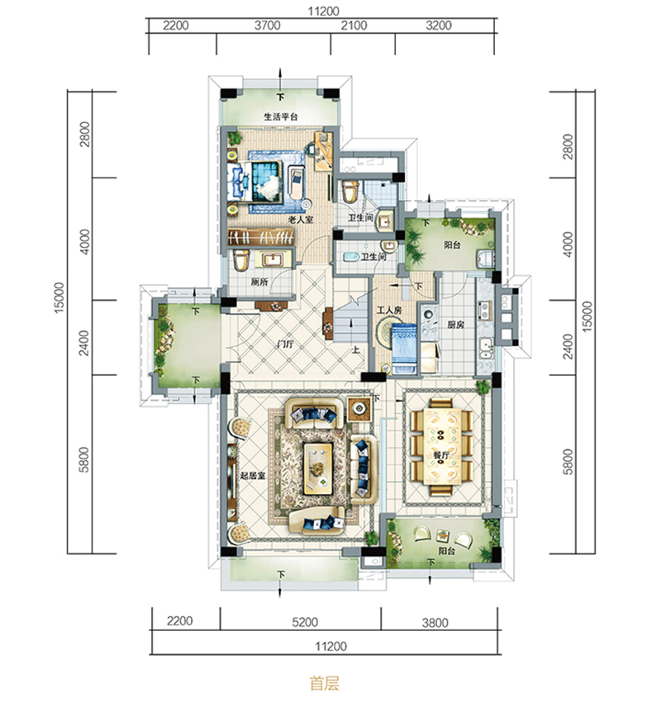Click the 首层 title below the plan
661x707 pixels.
(x=325, y=684)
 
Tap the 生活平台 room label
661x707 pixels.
(x=281, y=116)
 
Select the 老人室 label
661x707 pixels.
(x=301, y=220)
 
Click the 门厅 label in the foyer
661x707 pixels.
(x=285, y=344)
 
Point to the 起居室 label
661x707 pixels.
(x=253, y=475)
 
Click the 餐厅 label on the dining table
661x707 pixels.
(x=441, y=455)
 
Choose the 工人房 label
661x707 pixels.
(x=389, y=311)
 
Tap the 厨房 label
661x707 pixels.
(x=456, y=325)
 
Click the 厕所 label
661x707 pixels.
(x=259, y=282)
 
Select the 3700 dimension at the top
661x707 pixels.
(x=268, y=26)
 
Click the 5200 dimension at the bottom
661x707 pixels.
(x=305, y=622)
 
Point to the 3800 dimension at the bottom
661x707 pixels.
(x=435, y=623)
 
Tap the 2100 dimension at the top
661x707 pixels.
(x=354, y=26)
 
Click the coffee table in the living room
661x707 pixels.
(x=319, y=468)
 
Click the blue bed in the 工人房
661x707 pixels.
(x=404, y=349)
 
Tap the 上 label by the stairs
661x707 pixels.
(x=356, y=349)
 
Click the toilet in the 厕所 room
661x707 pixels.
(x=241, y=260)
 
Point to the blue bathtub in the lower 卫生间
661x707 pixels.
(x=351, y=257)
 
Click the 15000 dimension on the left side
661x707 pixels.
(x=59, y=298)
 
